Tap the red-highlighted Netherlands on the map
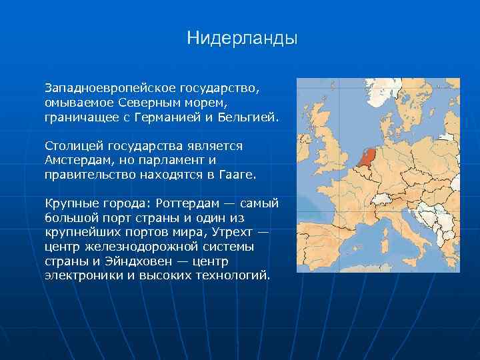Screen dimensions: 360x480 point(367,157)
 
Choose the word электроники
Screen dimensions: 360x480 point(81,275)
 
